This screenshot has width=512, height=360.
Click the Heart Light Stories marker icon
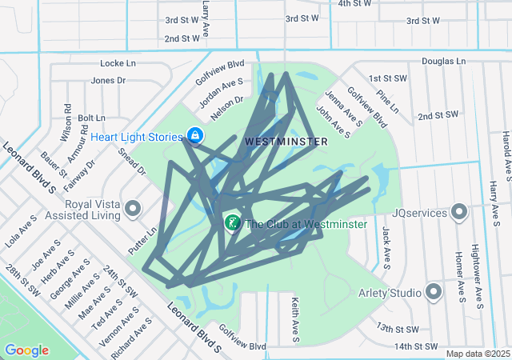[194, 137]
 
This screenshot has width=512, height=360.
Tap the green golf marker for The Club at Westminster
[233, 223]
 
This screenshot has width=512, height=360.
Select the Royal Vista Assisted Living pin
[133, 210]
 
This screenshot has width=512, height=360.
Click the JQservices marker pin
[459, 212]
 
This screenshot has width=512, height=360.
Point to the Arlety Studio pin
[434, 293]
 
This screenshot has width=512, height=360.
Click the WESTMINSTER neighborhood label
[286, 141]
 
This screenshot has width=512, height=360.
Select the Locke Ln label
[118, 62]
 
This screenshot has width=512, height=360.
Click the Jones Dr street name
[109, 80]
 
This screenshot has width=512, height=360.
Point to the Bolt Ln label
[91, 118]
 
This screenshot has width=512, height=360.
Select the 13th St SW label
[398, 329]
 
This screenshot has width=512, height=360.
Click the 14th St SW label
[418, 346]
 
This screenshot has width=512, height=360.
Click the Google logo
[26, 350]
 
